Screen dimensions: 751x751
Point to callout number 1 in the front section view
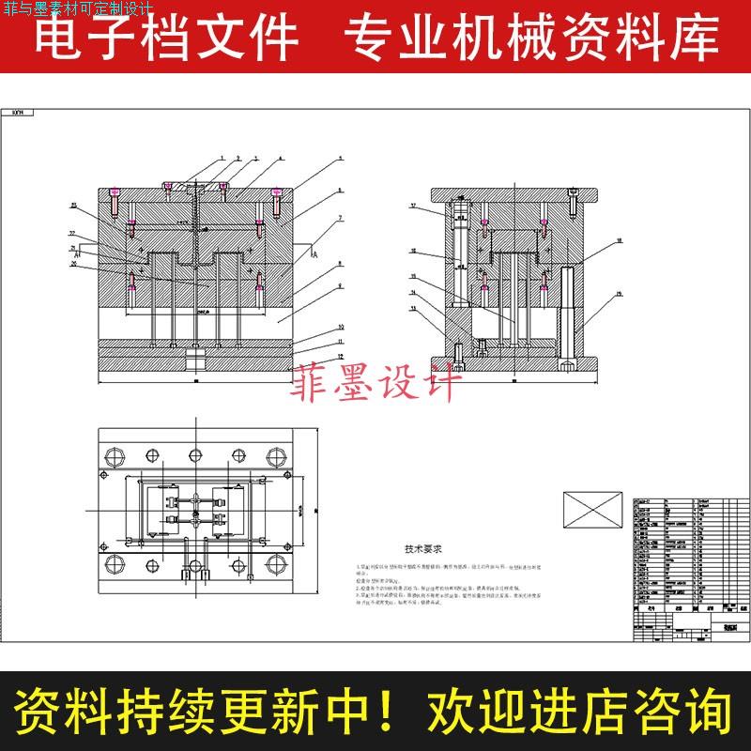222,157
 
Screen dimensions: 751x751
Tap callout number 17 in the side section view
412,206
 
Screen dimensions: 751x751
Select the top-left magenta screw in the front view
115,200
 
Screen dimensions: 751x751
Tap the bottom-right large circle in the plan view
276,564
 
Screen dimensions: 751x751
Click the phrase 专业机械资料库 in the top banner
530,38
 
